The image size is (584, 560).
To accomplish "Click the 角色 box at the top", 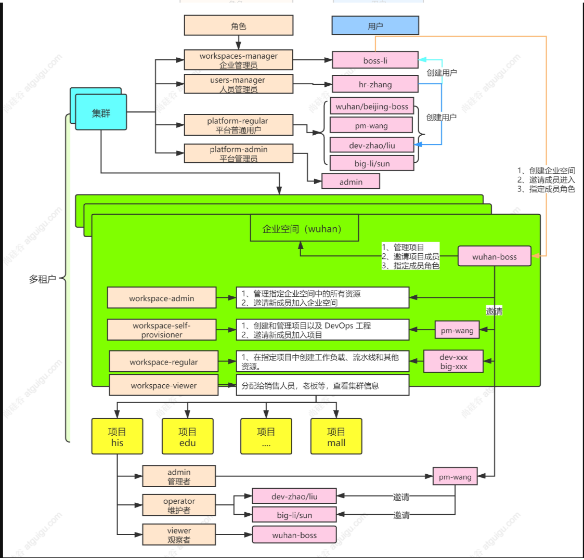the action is (238, 25).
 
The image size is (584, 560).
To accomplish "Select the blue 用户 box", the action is (375, 25).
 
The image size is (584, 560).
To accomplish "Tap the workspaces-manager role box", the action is (238, 60).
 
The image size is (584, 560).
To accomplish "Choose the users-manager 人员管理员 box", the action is (238, 84).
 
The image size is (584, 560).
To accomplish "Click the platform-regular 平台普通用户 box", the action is (238, 125).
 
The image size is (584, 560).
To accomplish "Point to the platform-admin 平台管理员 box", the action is (238, 153).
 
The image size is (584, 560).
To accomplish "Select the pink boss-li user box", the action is (375, 60).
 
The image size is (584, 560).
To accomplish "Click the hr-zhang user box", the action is (375, 84).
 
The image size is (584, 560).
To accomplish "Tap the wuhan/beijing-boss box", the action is (372, 107).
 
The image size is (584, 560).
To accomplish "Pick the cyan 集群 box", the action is (101, 112).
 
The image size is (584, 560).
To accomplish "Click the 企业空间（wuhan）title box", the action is (304, 228).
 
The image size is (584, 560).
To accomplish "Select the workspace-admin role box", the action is (162, 298).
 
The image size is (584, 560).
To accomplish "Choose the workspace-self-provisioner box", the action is (162, 330).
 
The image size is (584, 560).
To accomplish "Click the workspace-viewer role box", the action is (163, 385).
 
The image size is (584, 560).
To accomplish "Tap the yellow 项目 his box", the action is (118, 436).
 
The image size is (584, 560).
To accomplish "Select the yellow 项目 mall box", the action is (336, 436).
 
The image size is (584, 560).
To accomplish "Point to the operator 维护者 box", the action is (179, 505).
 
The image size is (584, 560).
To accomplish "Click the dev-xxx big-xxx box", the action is (453, 361).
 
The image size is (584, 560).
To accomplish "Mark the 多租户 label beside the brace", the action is (43, 279).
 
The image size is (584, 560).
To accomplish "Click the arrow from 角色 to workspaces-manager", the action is (238, 43).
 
